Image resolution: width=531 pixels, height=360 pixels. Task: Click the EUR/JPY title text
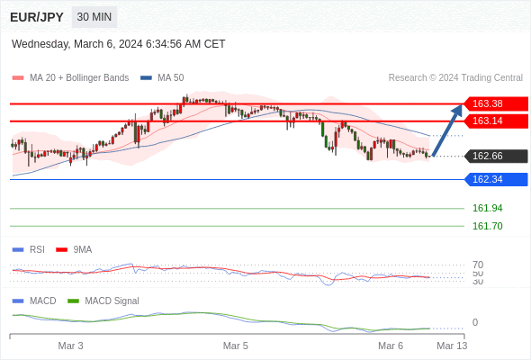(37, 17)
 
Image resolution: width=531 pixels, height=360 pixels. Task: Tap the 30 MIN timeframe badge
(94, 17)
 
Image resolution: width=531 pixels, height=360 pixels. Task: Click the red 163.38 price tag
(496, 103)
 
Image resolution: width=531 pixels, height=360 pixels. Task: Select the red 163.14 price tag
(496, 121)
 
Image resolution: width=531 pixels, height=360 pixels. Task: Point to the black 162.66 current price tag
(496, 156)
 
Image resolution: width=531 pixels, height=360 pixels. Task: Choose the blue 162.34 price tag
(496, 179)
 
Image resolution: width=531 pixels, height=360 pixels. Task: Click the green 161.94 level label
(487, 208)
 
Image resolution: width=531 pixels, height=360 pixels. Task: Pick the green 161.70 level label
(487, 226)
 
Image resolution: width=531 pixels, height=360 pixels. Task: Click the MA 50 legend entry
(162, 77)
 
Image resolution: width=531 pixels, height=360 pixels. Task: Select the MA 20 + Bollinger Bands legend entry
(70, 77)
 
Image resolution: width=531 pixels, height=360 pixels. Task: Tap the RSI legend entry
(29, 249)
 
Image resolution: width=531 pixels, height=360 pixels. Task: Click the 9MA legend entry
(74, 249)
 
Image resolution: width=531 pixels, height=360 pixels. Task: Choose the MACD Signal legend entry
(103, 301)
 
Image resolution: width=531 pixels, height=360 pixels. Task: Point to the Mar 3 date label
(70, 346)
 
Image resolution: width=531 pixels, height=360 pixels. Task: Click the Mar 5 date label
(236, 346)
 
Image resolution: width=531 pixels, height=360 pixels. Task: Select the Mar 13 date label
(452, 346)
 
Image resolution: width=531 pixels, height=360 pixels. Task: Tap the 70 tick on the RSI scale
(478, 265)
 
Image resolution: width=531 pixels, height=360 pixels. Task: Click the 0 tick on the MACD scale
(475, 322)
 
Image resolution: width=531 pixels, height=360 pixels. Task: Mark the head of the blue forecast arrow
(461, 105)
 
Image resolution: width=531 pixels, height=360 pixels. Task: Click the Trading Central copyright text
(455, 77)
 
